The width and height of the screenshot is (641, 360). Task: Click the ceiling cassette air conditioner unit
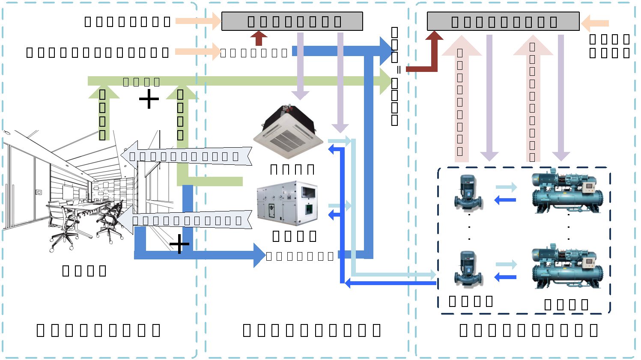point(288,132)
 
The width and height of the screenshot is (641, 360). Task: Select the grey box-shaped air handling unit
point(287,203)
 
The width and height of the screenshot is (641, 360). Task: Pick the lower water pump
point(468,268)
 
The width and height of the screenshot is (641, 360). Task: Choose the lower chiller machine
point(567,267)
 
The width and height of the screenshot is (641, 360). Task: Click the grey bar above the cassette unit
point(292,21)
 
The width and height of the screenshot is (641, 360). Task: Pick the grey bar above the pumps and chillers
point(503,21)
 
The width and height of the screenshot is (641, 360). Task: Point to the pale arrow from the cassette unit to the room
point(186,156)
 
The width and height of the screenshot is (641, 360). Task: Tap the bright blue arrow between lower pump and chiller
point(505,277)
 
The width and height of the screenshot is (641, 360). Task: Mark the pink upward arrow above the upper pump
point(462,98)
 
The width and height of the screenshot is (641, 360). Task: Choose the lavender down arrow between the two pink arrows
point(489,98)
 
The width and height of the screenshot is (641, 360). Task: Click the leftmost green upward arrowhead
point(104,93)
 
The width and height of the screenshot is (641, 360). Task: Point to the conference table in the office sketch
point(86,210)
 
